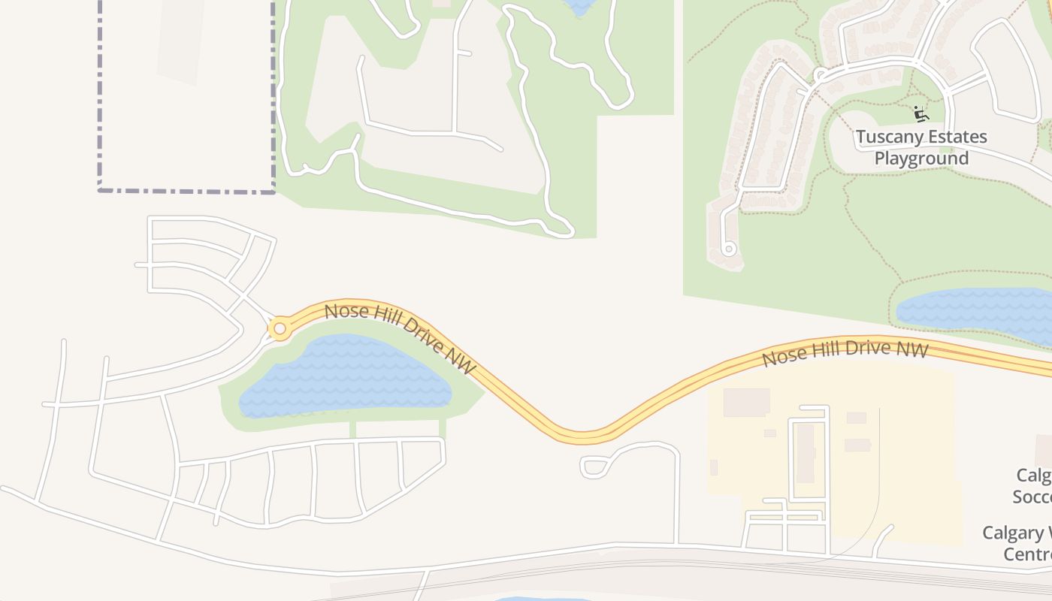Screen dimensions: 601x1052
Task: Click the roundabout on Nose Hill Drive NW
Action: (280, 328)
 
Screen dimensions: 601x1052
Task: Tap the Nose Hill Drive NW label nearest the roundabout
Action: (401, 338)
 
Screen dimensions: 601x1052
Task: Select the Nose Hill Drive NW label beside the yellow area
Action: (845, 353)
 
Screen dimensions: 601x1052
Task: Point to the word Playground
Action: (921, 159)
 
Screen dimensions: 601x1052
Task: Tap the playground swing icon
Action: (920, 114)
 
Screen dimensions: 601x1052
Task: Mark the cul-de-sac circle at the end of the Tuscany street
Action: (727, 249)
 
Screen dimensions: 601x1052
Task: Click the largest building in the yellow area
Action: (746, 402)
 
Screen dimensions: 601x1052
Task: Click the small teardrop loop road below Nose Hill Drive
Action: (594, 467)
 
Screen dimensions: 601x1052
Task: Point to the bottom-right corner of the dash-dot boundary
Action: (273, 191)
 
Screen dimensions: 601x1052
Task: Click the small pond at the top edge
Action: (581, 7)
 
